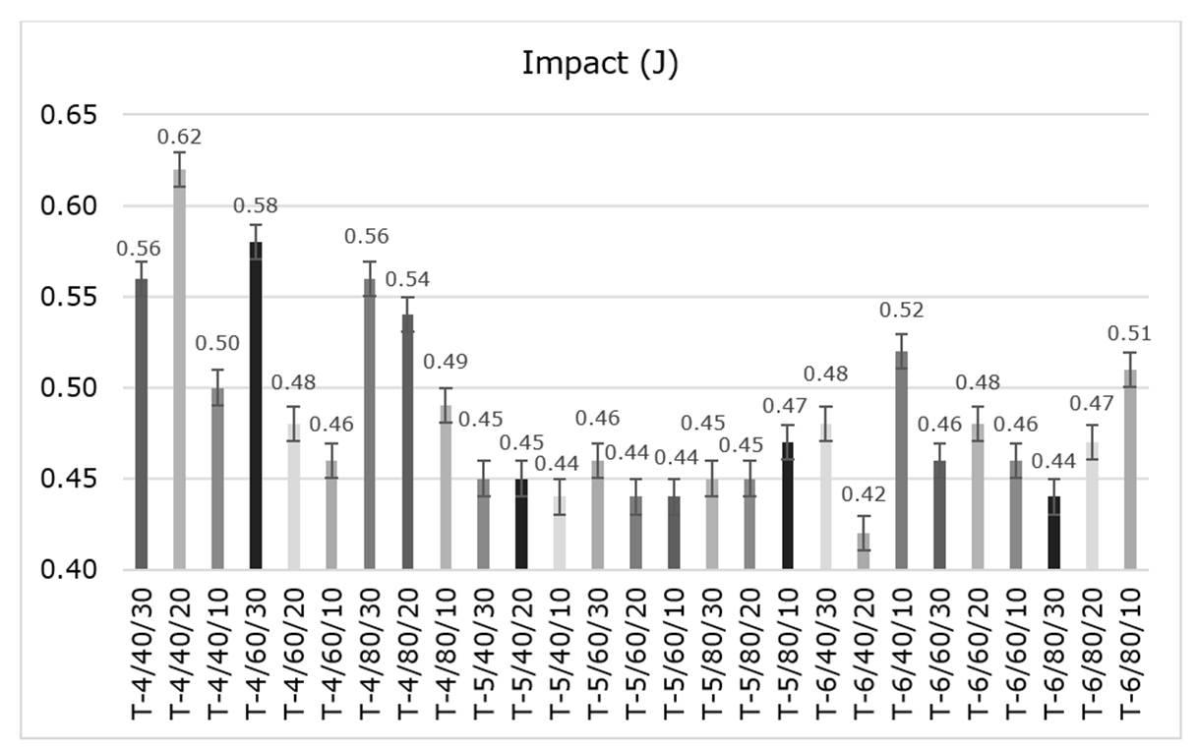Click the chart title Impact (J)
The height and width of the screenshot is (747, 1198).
click(599, 63)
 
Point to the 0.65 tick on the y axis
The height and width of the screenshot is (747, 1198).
click(69, 116)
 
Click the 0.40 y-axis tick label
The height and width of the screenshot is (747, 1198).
click(69, 570)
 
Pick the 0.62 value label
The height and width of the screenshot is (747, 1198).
click(179, 137)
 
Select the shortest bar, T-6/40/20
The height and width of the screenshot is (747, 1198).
click(864, 551)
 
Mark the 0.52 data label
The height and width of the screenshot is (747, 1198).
click(902, 312)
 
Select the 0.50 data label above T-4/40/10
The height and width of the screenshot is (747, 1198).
click(217, 344)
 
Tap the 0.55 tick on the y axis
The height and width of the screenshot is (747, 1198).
click(69, 298)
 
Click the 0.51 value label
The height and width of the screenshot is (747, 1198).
click(1130, 334)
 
